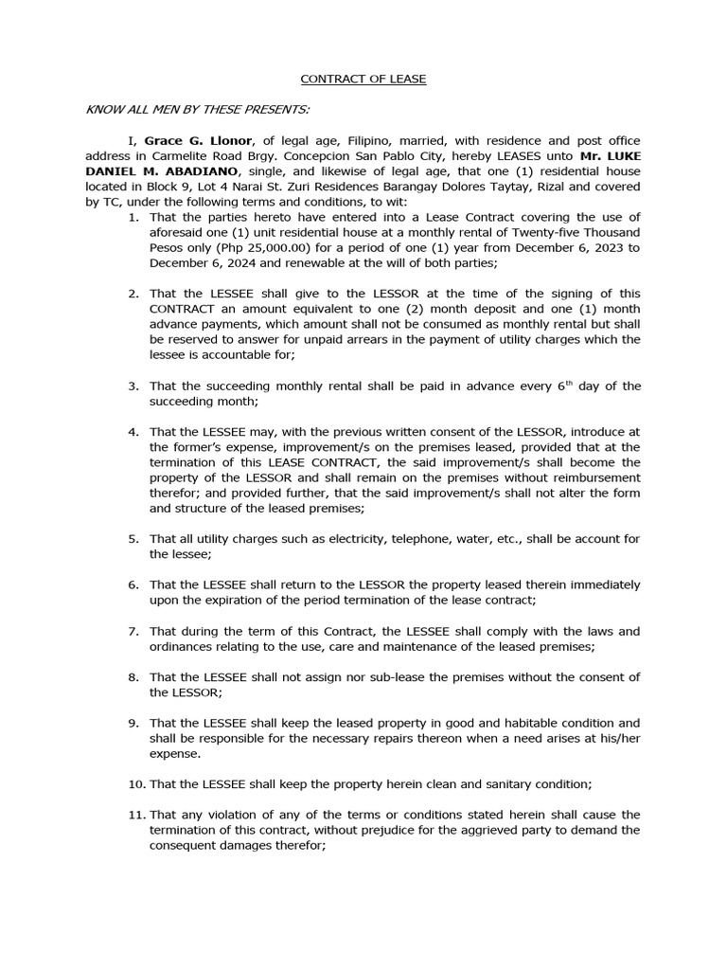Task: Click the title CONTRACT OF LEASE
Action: pyautogui.click(x=363, y=79)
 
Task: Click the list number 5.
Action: pyautogui.click(x=133, y=539)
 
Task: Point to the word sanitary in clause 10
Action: pyautogui.click(x=508, y=783)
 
